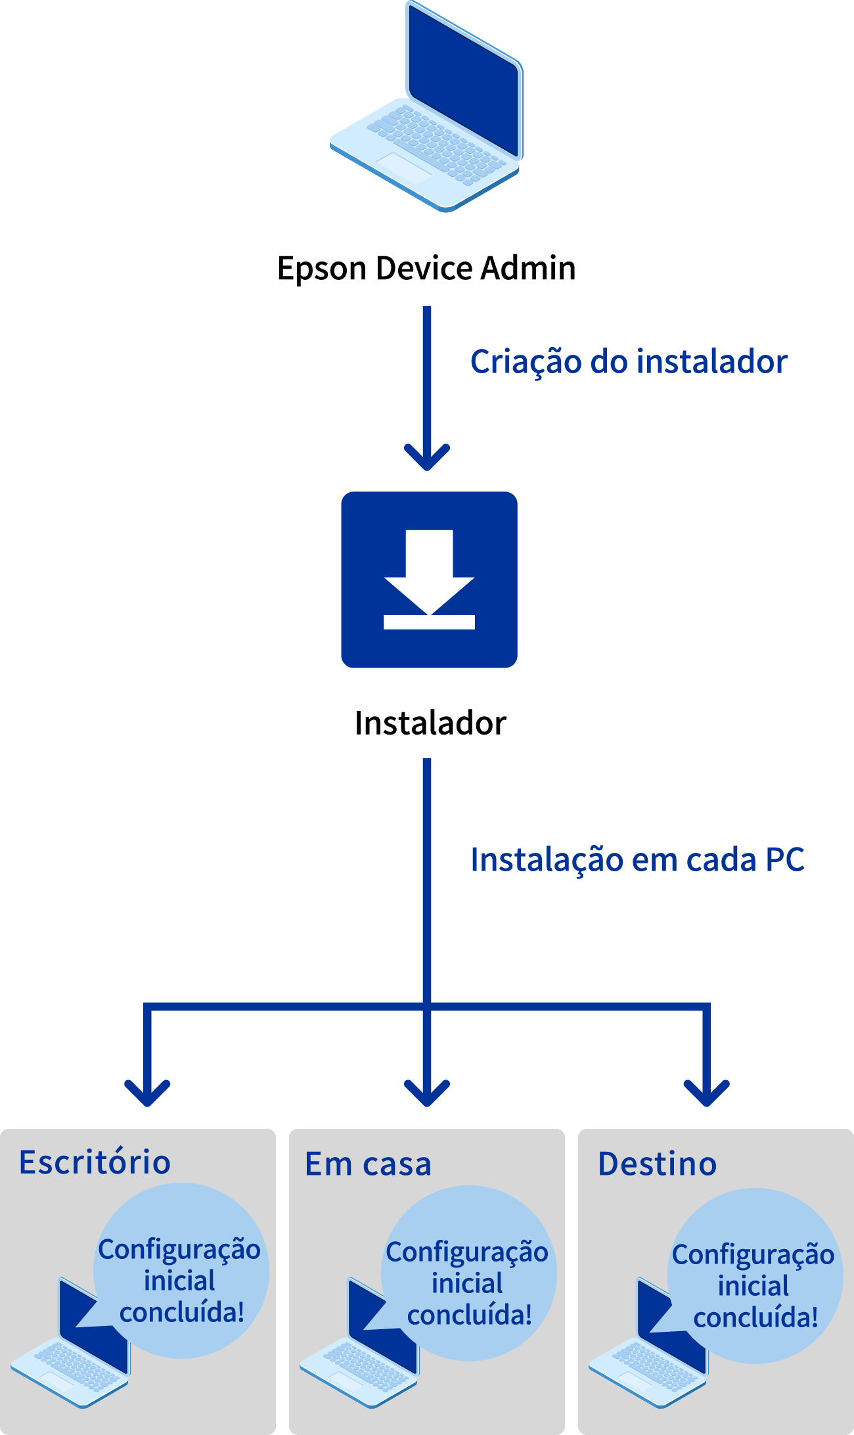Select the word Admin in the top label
(x=528, y=268)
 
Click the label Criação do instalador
(x=629, y=362)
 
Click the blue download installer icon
(x=430, y=580)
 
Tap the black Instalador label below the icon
(x=430, y=723)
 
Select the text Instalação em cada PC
(x=638, y=860)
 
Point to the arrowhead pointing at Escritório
(x=147, y=1093)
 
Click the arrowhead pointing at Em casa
(x=427, y=1093)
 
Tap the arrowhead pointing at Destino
(x=707, y=1093)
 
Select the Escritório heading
(x=95, y=1162)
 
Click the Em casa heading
(x=368, y=1164)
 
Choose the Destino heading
(x=657, y=1164)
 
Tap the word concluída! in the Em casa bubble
(x=469, y=1315)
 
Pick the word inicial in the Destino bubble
(x=753, y=1286)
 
